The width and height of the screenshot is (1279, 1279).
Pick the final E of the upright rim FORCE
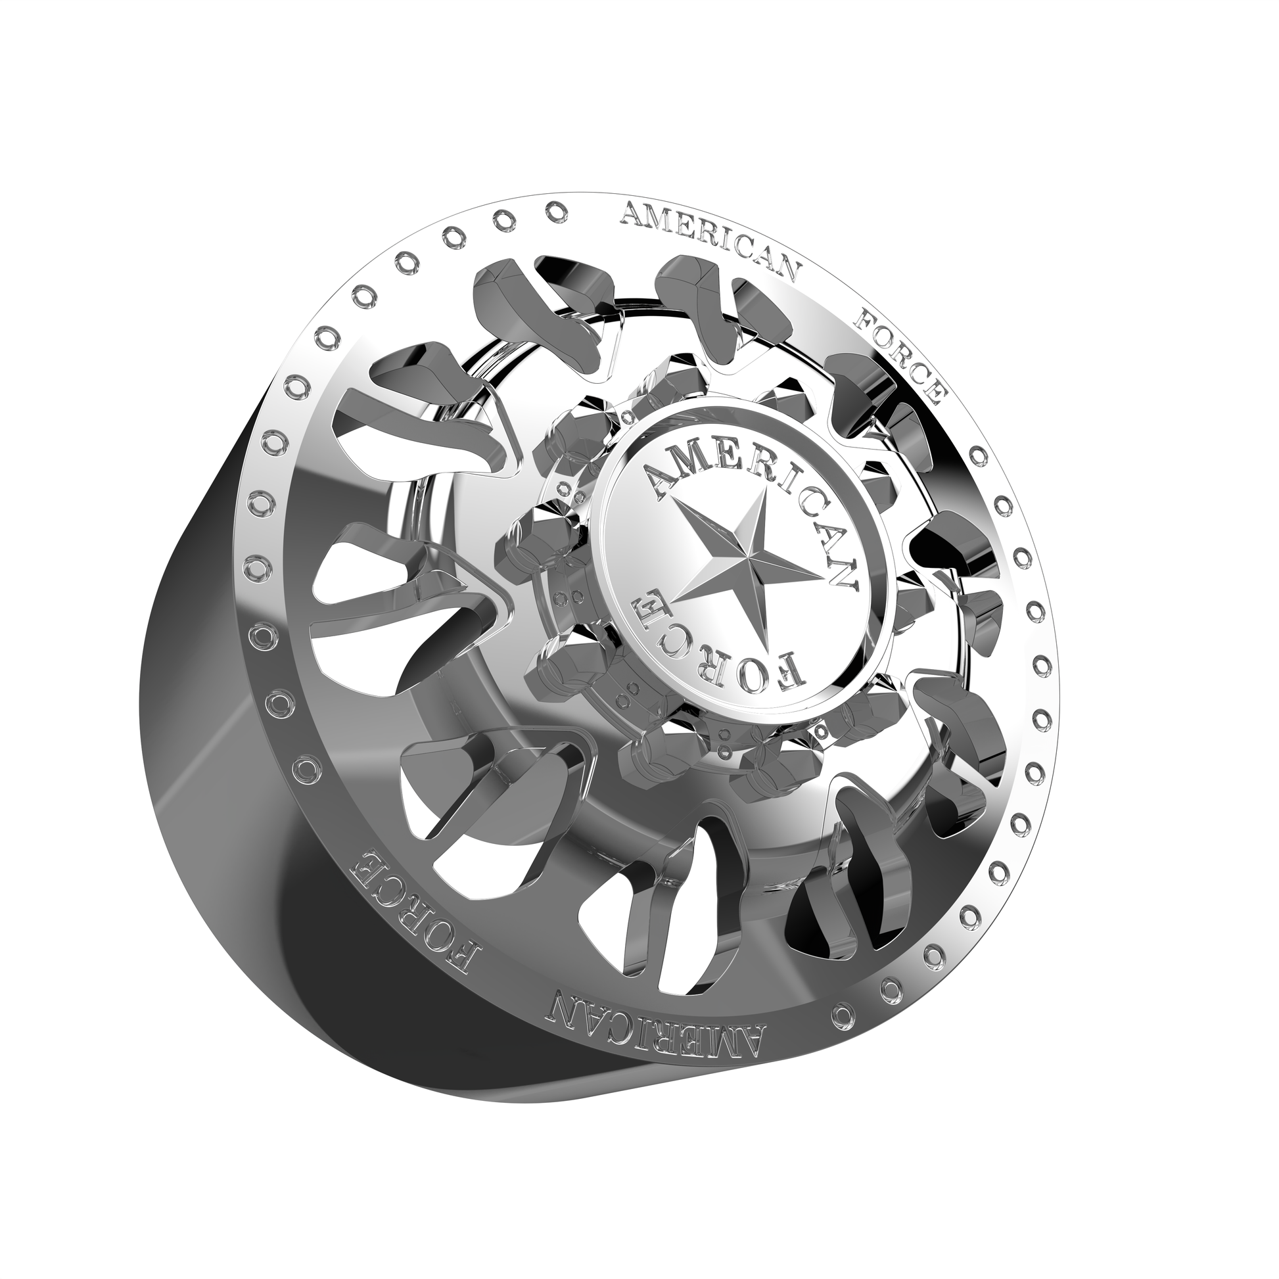[x=935, y=395]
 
